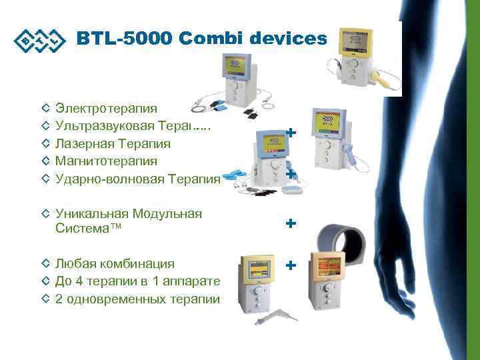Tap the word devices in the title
(x=289, y=39)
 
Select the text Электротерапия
(x=107, y=107)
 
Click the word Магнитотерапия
(x=107, y=161)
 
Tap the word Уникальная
(x=91, y=213)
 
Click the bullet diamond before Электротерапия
(x=45, y=107)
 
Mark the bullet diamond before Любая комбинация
(x=45, y=263)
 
